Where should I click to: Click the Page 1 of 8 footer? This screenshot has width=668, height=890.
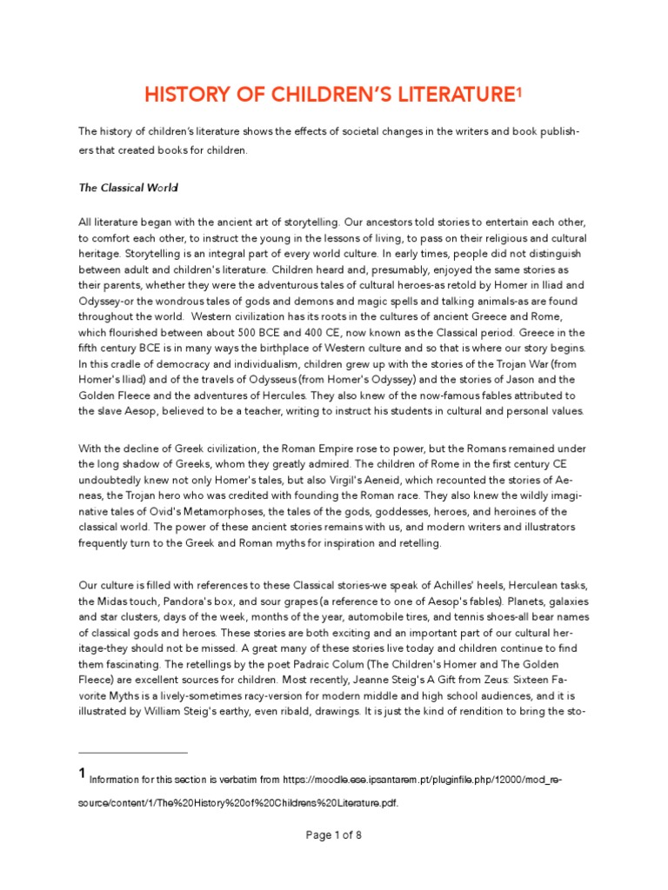[334, 835]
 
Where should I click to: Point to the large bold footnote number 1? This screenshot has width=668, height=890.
[83, 773]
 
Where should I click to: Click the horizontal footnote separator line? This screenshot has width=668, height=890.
[133, 752]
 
